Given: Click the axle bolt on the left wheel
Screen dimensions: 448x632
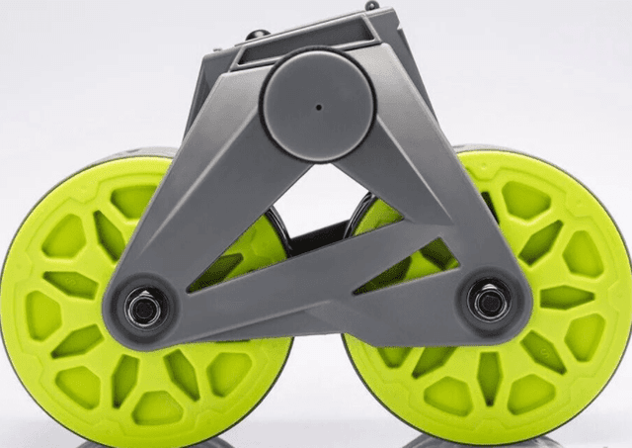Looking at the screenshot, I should point(145,308).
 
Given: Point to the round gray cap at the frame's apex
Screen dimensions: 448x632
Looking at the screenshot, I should point(318,107).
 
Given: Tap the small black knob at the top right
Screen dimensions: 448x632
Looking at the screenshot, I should point(371,5).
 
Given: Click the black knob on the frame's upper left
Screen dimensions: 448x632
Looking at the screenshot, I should point(255,36).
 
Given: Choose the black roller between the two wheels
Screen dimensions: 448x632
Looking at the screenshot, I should point(316,237).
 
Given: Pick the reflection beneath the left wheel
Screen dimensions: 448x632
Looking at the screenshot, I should point(148,441).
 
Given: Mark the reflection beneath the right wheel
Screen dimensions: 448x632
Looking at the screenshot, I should point(484,441).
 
